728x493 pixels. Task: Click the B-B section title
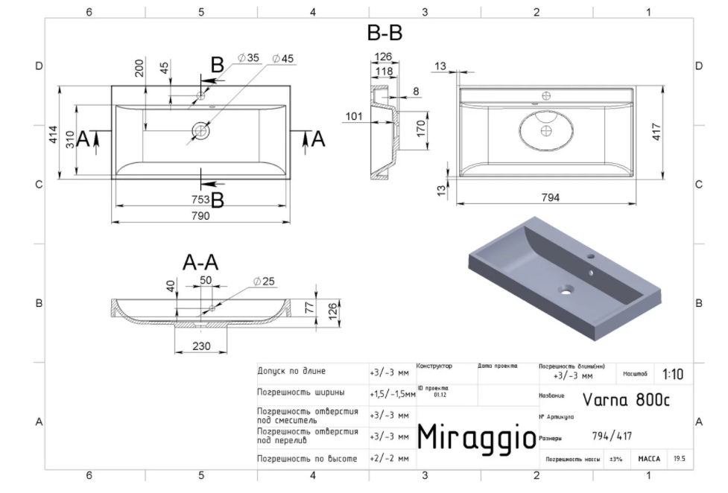click(384, 34)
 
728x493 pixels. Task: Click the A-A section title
click(200, 262)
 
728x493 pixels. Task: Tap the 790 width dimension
click(200, 216)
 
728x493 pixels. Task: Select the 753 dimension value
click(200, 199)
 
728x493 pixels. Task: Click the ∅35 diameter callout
click(248, 58)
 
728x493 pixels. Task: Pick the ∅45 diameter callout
click(282, 58)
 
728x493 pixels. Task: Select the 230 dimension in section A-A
click(200, 346)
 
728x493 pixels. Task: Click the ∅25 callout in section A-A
click(264, 282)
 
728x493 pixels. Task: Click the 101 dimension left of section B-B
click(354, 116)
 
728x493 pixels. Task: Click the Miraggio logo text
click(475, 437)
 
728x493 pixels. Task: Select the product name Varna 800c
click(626, 399)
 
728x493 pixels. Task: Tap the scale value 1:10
click(672, 375)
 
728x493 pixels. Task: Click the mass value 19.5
click(679, 459)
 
